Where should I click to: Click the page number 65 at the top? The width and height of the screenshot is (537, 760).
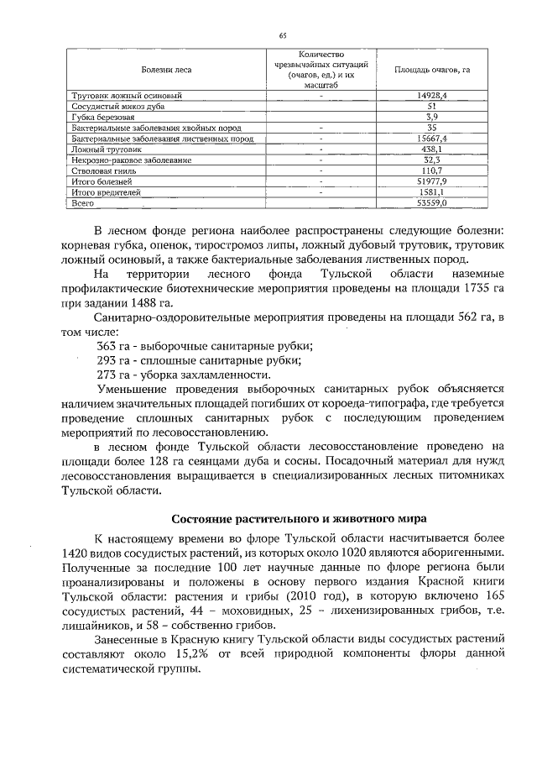coord(283,35)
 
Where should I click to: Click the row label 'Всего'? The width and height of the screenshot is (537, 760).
coord(82,202)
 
